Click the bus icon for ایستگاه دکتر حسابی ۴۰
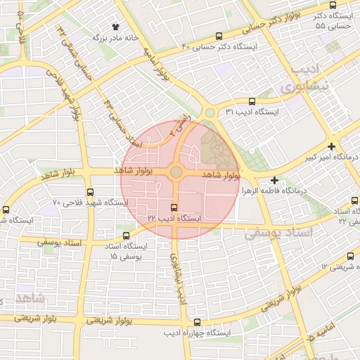pyautogui.click(x=219, y=37)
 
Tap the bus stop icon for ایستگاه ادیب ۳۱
pyautogui.click(x=252, y=101)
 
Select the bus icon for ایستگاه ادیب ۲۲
pyautogui.click(x=174, y=207)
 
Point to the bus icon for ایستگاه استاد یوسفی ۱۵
pyautogui.click(x=126, y=236)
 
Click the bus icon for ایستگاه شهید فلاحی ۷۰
pyautogui.click(x=89, y=192)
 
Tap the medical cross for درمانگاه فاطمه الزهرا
pyautogui.click(x=274, y=181)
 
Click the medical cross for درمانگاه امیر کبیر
pyautogui.click(x=331, y=146)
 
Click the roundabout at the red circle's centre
pyautogui.click(x=176, y=172)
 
